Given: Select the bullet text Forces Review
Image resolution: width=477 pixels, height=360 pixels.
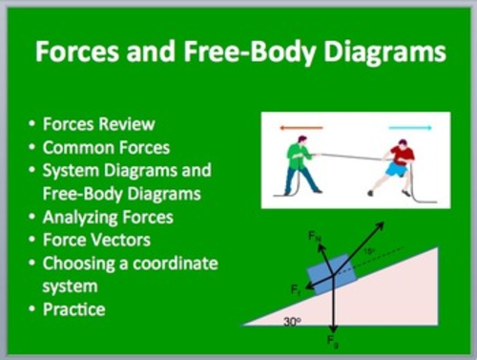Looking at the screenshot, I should point(98,125).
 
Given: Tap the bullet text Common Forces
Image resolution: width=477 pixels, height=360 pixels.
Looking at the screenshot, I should point(106,148).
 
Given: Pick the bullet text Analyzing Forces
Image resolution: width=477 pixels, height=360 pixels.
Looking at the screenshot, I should point(108,217).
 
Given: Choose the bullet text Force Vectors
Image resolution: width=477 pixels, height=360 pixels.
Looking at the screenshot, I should point(96,240).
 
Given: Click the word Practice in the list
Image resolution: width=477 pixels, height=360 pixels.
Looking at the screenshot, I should point(73,308).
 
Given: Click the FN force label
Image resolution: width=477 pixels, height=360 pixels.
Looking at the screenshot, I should point(314,234).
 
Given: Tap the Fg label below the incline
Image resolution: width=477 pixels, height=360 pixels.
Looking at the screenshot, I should point(332,340).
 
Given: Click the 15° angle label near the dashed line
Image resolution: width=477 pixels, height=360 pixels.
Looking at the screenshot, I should point(369,252).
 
